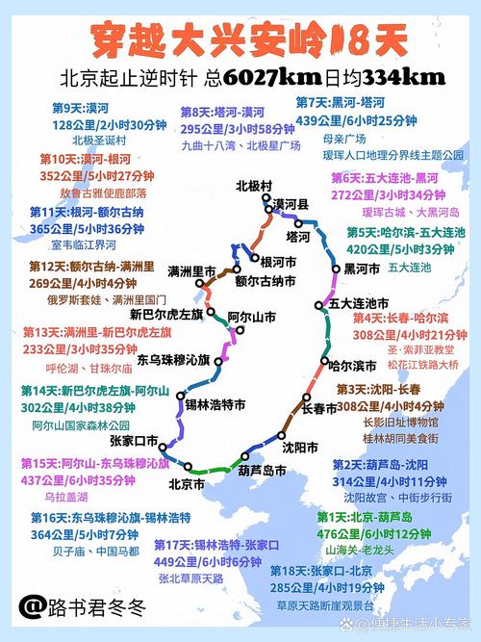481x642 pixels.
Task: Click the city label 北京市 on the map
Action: [x=186, y=484]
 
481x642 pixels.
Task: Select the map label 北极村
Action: [x=254, y=186]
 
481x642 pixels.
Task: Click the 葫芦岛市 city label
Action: [x=263, y=471]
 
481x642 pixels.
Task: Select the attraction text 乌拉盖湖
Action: [x=66, y=497]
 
